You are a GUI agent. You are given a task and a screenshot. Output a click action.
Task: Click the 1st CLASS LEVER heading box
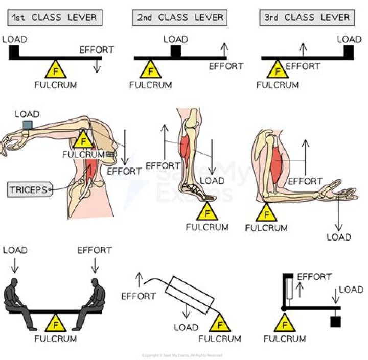coord(55,17)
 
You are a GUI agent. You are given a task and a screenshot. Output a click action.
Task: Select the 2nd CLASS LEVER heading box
coord(180,17)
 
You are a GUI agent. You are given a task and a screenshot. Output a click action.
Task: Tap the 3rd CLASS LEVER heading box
coord(307,17)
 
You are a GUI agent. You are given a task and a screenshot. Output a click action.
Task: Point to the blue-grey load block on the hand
coord(27,125)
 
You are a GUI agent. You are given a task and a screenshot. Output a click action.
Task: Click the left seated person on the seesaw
coord(19,301)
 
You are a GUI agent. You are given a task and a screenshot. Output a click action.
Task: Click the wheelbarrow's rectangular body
coord(189,294)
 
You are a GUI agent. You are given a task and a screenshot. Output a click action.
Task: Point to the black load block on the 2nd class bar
coord(175,51)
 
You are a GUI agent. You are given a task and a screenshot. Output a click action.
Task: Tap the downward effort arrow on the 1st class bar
coord(97,65)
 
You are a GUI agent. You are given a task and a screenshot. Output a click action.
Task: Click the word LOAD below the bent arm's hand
coord(338,237)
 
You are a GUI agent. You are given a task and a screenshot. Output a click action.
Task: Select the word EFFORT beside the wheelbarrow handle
coord(139,296)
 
